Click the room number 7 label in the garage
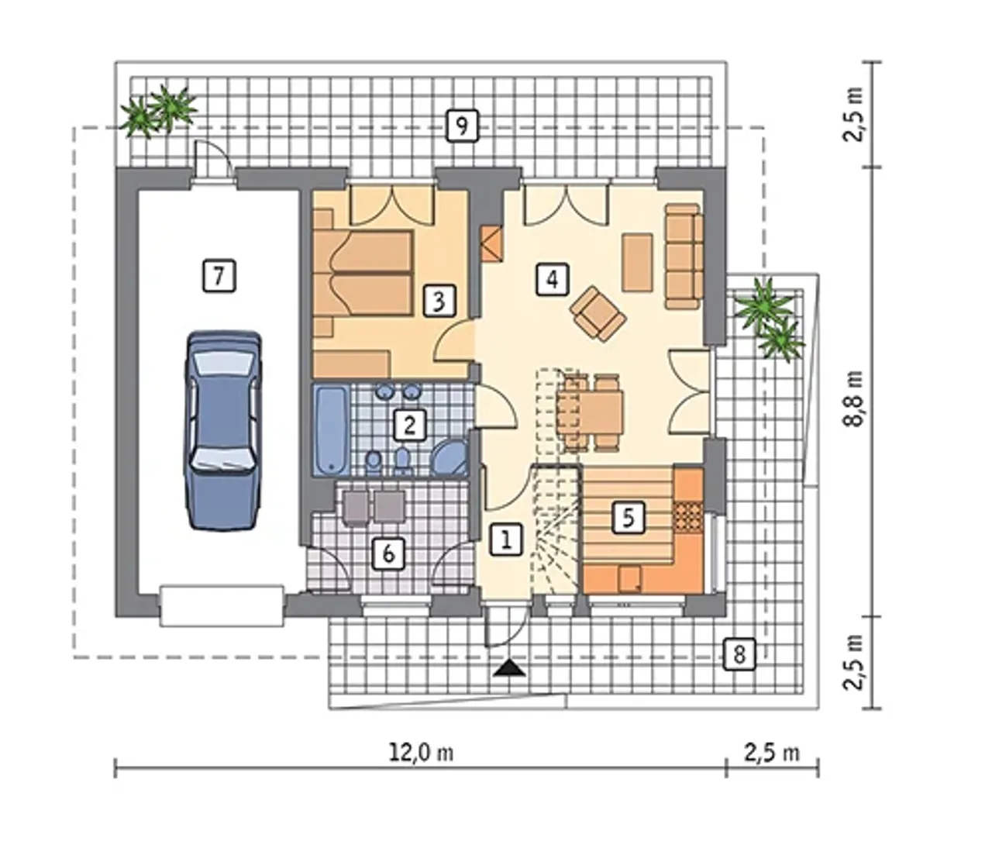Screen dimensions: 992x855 [219, 275]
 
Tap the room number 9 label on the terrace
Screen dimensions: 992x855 [462, 126]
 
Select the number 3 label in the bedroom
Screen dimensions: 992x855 [439, 301]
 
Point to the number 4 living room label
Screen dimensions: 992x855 [553, 279]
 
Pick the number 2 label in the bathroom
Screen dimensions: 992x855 [409, 424]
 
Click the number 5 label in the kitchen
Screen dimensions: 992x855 [629, 518]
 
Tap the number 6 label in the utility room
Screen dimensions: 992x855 [389, 553]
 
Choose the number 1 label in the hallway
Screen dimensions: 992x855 [506, 540]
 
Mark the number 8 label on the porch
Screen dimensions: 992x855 [739, 654]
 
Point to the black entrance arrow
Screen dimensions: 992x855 [510, 668]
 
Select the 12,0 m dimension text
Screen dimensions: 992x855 [422, 753]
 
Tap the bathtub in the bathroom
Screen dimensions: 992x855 [332, 429]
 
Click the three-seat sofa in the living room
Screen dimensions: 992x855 [684, 256]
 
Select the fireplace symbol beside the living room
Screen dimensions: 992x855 [491, 243]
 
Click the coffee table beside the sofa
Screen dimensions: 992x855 [637, 263]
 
